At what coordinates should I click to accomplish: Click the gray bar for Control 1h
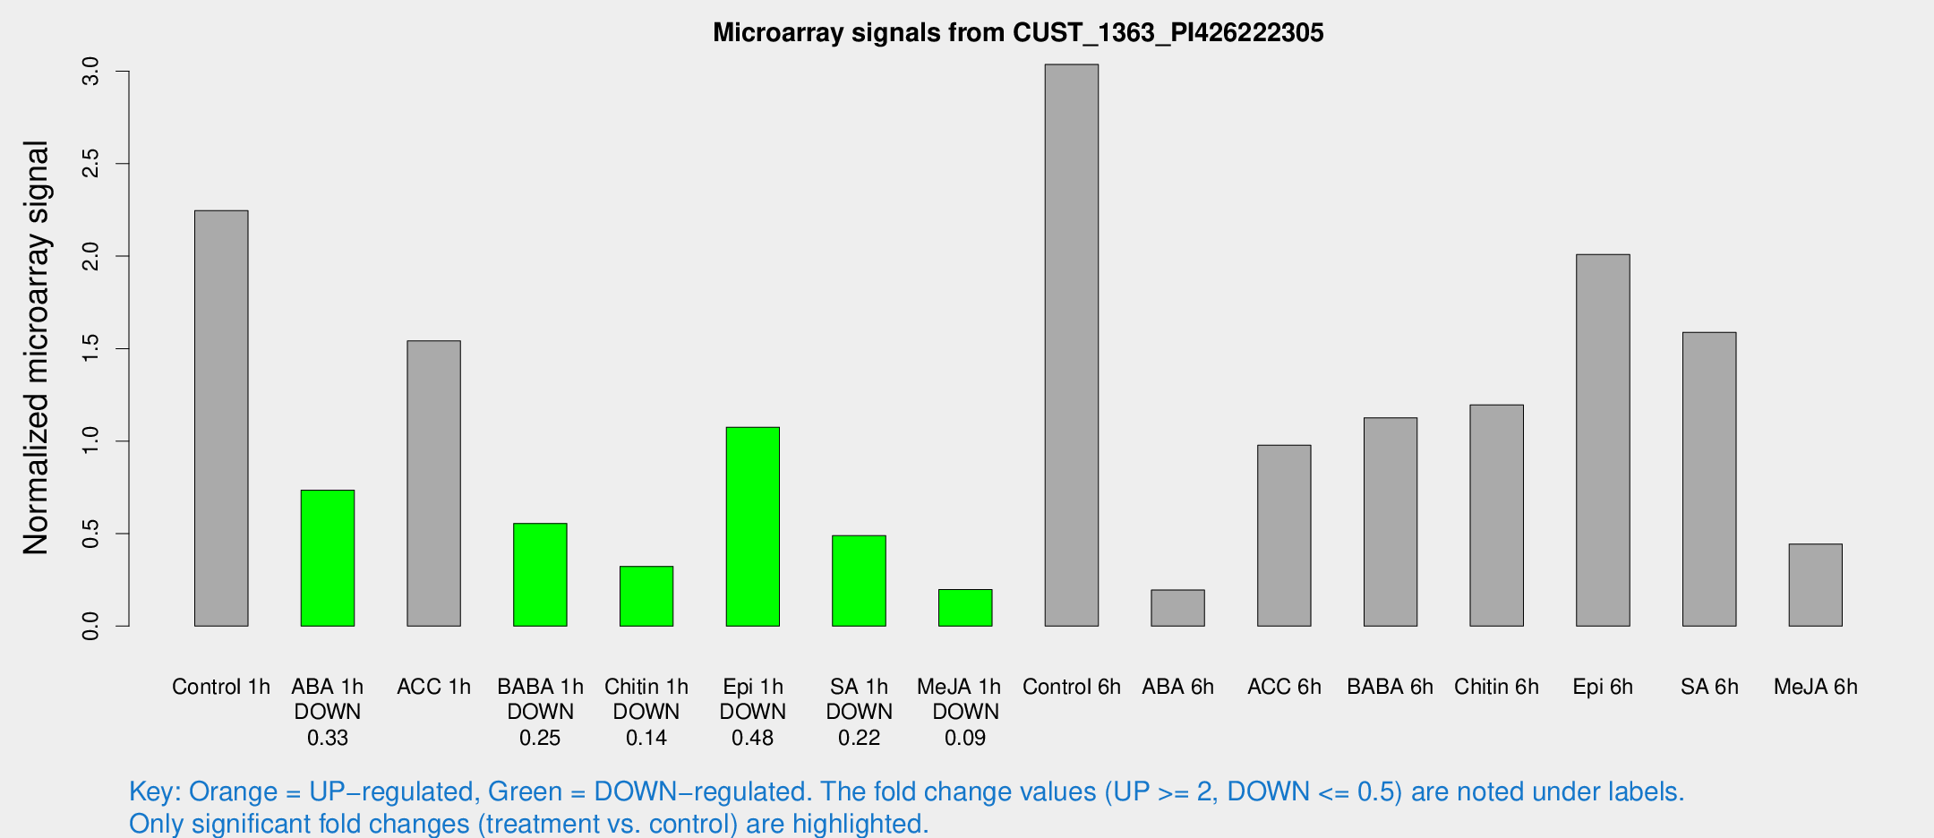(221, 418)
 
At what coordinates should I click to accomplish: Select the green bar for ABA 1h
(328, 558)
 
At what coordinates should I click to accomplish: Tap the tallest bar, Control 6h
(1071, 345)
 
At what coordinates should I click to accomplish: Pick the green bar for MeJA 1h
(965, 608)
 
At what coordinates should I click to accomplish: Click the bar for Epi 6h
(1603, 440)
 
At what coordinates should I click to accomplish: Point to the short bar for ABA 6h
(1177, 608)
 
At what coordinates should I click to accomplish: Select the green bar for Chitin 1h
(646, 596)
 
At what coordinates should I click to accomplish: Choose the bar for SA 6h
(1709, 479)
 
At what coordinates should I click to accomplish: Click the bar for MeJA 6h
(1815, 585)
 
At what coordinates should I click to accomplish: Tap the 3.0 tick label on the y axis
(90, 71)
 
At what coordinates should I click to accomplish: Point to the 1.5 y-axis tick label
(90, 348)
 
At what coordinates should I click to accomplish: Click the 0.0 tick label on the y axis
(90, 626)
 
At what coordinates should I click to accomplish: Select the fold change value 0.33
(328, 738)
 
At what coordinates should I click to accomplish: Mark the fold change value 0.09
(965, 738)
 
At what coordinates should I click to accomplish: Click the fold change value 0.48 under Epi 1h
(752, 738)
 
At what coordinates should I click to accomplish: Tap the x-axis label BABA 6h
(1390, 687)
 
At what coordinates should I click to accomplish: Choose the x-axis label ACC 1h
(433, 687)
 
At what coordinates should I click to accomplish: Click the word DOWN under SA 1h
(859, 712)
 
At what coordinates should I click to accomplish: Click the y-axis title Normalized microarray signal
(36, 347)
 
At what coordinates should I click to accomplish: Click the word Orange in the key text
(233, 791)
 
